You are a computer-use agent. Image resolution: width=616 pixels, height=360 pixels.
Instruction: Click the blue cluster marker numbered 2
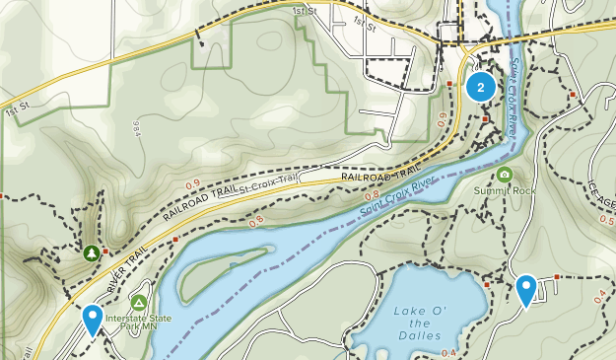[480, 87]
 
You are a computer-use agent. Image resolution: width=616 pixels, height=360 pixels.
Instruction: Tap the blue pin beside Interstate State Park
[93, 319]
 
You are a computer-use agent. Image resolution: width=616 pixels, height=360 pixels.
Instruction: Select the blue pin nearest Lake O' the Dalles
[526, 289]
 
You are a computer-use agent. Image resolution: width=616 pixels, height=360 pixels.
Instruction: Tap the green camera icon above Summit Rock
[505, 175]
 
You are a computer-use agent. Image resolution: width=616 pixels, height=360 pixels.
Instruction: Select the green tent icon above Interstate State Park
[139, 302]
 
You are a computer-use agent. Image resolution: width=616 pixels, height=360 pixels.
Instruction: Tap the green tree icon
[91, 252]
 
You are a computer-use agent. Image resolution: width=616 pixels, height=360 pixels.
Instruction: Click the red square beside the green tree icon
[104, 252]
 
